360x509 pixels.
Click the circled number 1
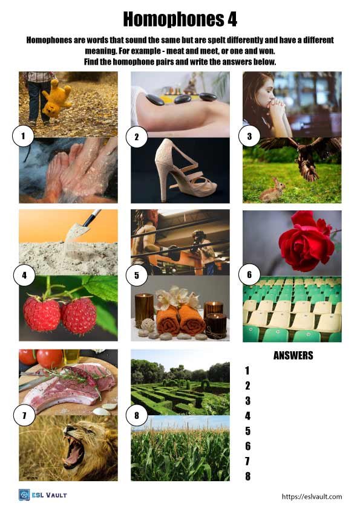tap(23, 137)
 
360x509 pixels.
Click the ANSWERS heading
tap(293, 355)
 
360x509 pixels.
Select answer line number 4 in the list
tap(247, 416)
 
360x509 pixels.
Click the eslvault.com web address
tap(312, 496)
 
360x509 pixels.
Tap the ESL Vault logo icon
tap(25, 495)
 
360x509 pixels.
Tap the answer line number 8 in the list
tap(247, 476)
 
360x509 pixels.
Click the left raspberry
tap(42, 313)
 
